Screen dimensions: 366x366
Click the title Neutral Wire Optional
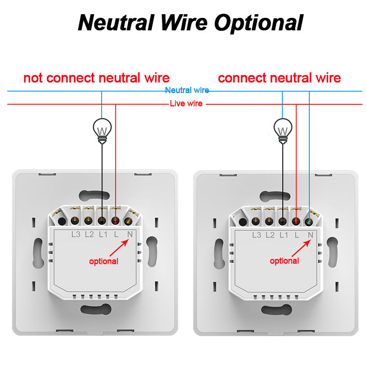pyautogui.click(x=191, y=22)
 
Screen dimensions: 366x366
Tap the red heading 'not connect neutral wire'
pyautogui.click(x=96, y=78)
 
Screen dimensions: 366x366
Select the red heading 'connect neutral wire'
pyautogui.click(x=279, y=78)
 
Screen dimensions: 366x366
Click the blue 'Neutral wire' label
pyautogui.click(x=187, y=91)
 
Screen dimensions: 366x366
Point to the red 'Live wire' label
pyautogui.click(x=186, y=104)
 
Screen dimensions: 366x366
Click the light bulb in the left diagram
pyautogui.click(x=102, y=129)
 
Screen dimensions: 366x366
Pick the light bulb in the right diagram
pyautogui.click(x=283, y=129)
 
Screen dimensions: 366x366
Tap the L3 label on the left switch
pyautogui.click(x=76, y=235)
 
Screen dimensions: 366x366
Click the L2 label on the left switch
pyautogui.click(x=89, y=235)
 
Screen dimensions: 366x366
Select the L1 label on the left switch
pyautogui.click(x=103, y=235)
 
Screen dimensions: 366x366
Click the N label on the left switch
pyautogui.click(x=130, y=235)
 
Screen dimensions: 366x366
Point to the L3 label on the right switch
pyautogui.click(x=257, y=235)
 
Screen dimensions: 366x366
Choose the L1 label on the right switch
pyautogui.click(x=284, y=235)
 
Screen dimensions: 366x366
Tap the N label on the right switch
pyautogui.click(x=311, y=235)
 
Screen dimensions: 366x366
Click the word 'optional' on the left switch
pyautogui.click(x=103, y=261)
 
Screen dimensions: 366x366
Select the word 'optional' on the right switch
pyautogui.click(x=284, y=261)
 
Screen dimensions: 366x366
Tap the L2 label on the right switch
pyautogui.click(x=270, y=235)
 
